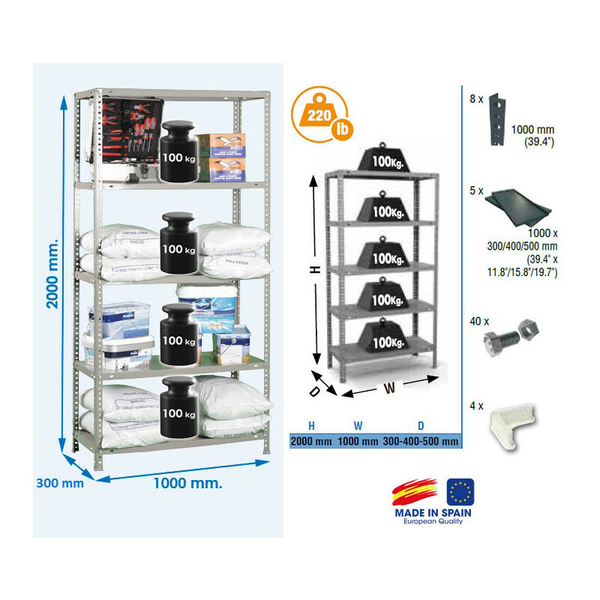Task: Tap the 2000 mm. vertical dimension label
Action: click(x=52, y=274)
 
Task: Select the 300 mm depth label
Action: click(x=60, y=483)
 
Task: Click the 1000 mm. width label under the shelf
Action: click(x=187, y=483)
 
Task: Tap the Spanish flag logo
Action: click(x=415, y=492)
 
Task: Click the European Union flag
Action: click(x=460, y=492)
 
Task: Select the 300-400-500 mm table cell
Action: click(x=420, y=442)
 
